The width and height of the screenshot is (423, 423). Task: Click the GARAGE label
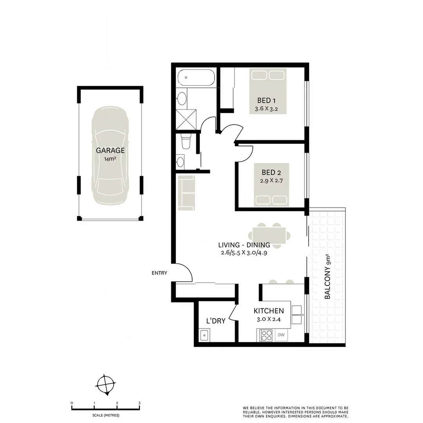(110, 150)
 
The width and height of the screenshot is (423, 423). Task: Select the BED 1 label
(266, 100)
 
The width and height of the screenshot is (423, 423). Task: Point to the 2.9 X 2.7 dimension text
(271, 181)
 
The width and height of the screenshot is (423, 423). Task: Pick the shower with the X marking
(186, 119)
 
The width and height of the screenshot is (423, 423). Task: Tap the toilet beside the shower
(186, 141)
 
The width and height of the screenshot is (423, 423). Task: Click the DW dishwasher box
(281, 335)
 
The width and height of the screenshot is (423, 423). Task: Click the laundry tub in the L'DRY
(204, 335)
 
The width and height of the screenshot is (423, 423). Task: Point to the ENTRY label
(159, 273)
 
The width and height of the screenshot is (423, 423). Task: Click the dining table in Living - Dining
(272, 235)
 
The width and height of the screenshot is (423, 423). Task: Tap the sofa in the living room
(186, 193)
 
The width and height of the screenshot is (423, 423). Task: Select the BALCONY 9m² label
(328, 277)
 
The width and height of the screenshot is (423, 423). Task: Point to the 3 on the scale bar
(139, 403)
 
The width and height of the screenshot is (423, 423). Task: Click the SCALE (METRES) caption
(106, 415)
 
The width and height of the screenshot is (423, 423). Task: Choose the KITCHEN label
(269, 311)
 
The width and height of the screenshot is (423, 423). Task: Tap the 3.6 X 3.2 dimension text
(266, 109)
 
